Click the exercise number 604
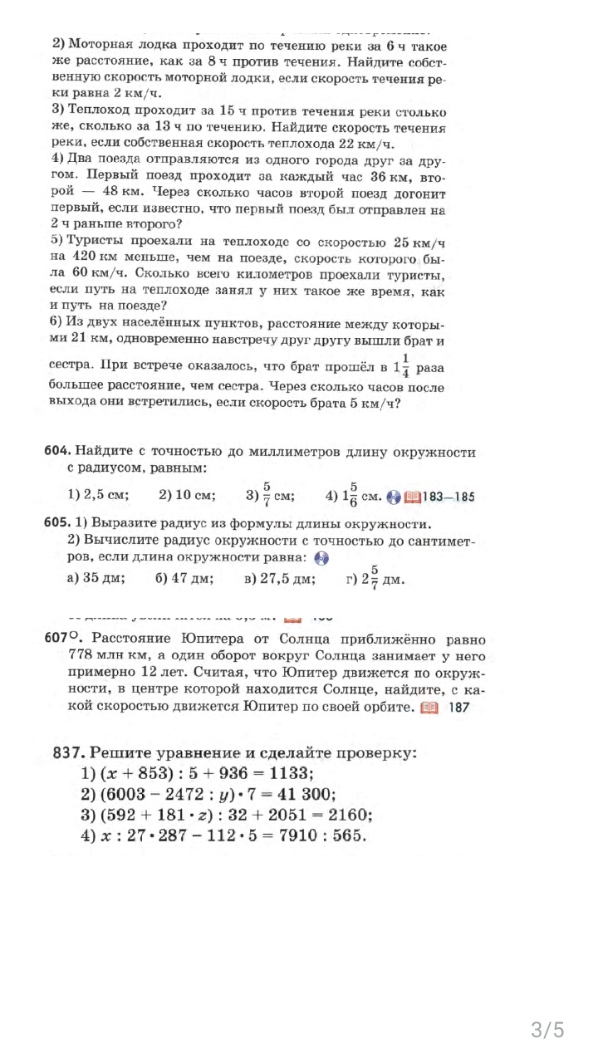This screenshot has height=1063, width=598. point(57,452)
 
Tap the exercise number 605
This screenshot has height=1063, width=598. point(57,524)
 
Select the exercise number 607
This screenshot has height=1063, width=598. point(59,639)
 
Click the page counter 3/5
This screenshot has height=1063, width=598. point(547,1031)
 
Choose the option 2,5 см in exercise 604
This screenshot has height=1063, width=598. point(97,496)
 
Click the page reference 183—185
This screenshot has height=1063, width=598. point(448,497)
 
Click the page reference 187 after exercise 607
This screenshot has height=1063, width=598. point(458,708)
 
